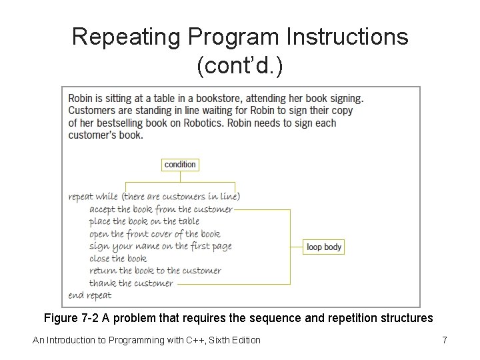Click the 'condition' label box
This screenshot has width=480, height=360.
point(180,165)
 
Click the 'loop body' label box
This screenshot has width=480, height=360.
point(324,247)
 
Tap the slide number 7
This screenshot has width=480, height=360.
point(444,341)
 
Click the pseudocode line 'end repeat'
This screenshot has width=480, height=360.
point(90,295)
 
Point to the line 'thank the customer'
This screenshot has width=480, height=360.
point(131,283)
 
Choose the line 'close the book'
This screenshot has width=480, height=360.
point(117,259)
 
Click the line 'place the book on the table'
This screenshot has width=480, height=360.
point(144,221)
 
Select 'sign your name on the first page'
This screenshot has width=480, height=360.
point(160,246)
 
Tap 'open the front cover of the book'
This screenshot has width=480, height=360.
point(154,234)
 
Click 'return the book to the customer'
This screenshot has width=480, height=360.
point(155,271)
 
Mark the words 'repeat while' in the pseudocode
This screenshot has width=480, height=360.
point(93,197)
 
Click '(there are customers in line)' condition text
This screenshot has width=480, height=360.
point(181,197)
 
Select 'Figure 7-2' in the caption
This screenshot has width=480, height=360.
point(69,318)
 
